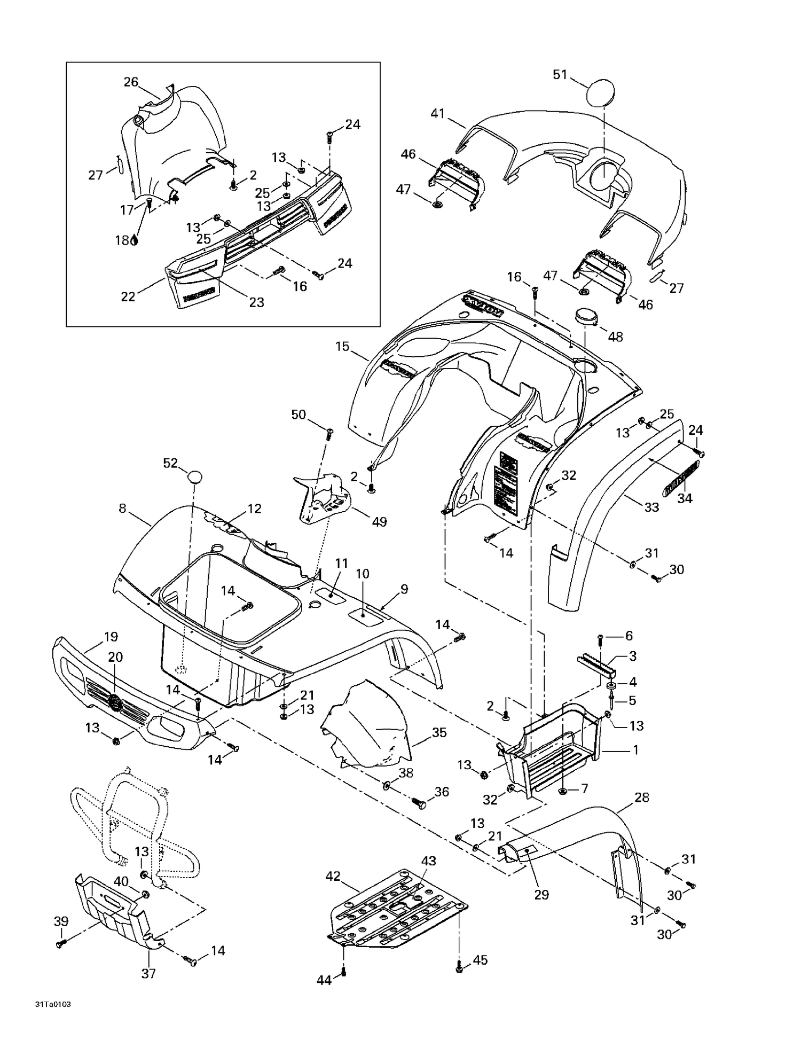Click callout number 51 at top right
pos(559,75)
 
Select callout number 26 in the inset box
pos(131,82)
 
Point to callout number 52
pos(170,463)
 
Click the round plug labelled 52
pos(195,476)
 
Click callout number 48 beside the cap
pos(615,337)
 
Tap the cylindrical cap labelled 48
pos(586,317)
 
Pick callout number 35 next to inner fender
pos(439,732)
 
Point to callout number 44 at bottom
pos(324,980)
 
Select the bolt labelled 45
pos(459,966)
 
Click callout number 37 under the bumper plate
pos(148,974)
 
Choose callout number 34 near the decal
pos(685,498)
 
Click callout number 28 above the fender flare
pos(641,797)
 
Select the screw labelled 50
pos(329,431)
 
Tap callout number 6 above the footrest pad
pos(629,636)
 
